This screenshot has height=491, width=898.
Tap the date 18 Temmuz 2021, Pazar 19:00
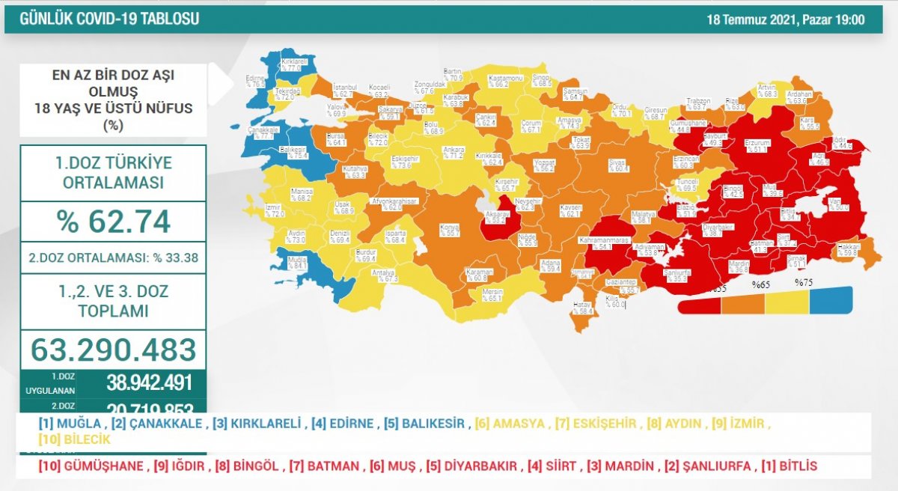click(786, 19)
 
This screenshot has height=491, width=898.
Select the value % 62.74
click(113, 222)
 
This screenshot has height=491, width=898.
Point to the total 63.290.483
click(113, 350)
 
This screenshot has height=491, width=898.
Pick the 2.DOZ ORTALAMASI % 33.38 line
click(113, 258)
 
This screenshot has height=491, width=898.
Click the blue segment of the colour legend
click(831, 301)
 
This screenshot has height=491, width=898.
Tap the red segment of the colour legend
click(699, 305)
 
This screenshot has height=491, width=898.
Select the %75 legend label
click(804, 283)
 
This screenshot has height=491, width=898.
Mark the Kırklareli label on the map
click(290, 64)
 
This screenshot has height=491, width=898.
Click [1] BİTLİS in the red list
click(789, 466)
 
